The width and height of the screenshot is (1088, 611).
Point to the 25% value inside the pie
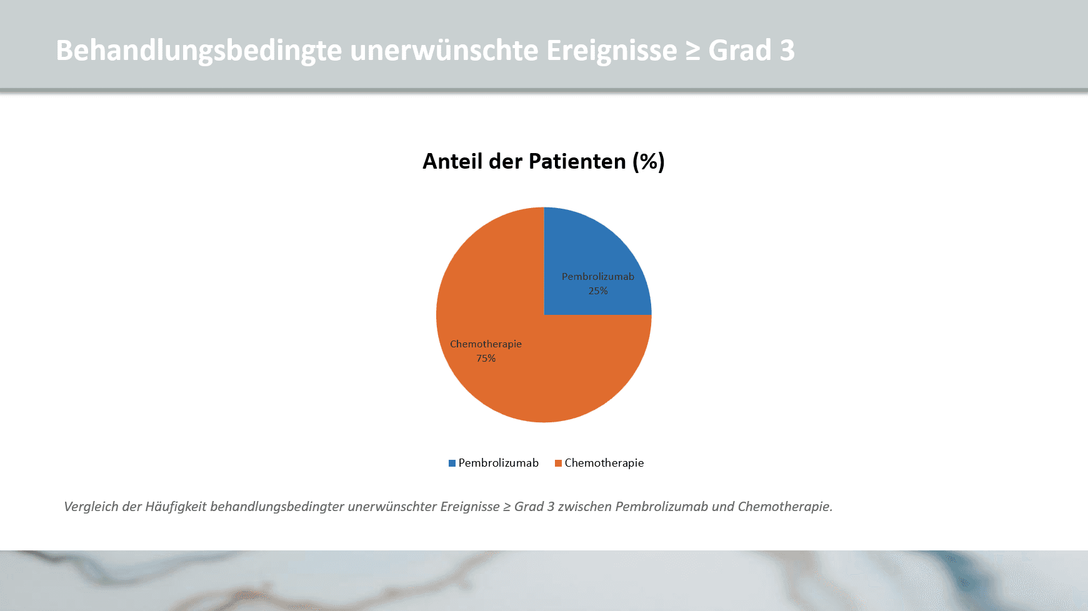tap(598, 291)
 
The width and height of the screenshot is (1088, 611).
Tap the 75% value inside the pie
tap(486, 359)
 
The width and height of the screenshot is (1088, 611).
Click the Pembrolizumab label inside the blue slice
tap(597, 277)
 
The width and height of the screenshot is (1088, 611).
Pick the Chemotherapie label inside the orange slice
tap(486, 344)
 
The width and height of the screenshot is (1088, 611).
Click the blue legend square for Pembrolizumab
tap(452, 464)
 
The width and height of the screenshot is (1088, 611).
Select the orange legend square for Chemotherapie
tap(558, 464)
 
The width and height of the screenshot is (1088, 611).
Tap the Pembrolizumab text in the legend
tap(498, 463)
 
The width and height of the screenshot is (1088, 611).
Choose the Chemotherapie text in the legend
tap(604, 463)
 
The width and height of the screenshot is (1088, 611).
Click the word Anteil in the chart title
tap(452, 161)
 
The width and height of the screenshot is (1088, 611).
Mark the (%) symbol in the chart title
tap(648, 161)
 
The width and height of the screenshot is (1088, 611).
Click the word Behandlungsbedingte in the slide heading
tap(199, 51)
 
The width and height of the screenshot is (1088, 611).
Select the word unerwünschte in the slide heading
tap(444, 51)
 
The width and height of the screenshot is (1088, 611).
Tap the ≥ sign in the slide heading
tap(692, 51)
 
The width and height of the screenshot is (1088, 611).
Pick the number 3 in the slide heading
tap(787, 51)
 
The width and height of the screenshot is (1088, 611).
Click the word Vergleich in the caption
tap(91, 507)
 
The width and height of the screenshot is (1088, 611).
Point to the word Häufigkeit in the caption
tap(176, 507)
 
